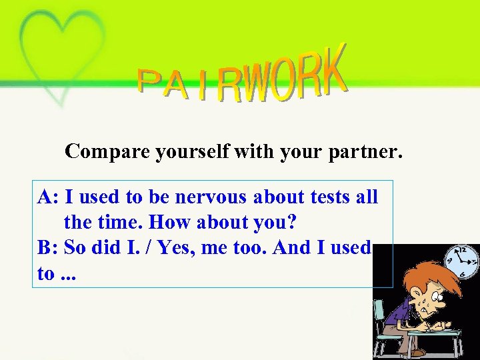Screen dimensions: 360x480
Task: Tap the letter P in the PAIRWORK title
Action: (x=151, y=81)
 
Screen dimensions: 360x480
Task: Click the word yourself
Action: (x=193, y=152)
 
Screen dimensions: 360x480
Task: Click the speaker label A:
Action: (x=50, y=197)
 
